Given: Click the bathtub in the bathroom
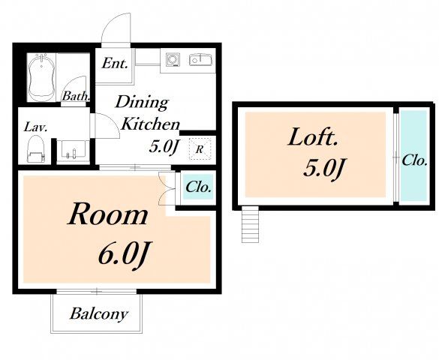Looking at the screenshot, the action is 41,77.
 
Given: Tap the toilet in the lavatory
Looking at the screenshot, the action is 35,148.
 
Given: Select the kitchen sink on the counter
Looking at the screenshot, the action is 200,59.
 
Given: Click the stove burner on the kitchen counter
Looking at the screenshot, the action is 173,59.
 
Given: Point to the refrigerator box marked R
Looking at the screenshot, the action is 199,149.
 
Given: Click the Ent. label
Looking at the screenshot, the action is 115,64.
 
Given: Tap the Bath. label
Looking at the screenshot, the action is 76,97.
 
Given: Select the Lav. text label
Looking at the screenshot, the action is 35,127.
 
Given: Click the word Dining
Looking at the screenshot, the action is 142,103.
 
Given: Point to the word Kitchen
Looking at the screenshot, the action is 150,124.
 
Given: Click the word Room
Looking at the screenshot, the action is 108,214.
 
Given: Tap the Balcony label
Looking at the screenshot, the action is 99,313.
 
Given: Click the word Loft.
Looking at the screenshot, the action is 312,137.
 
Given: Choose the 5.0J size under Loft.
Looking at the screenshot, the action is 323,168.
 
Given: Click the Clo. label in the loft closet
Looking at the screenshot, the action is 415,160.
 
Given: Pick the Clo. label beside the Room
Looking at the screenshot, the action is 199,187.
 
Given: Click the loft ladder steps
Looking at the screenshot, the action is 250,224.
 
